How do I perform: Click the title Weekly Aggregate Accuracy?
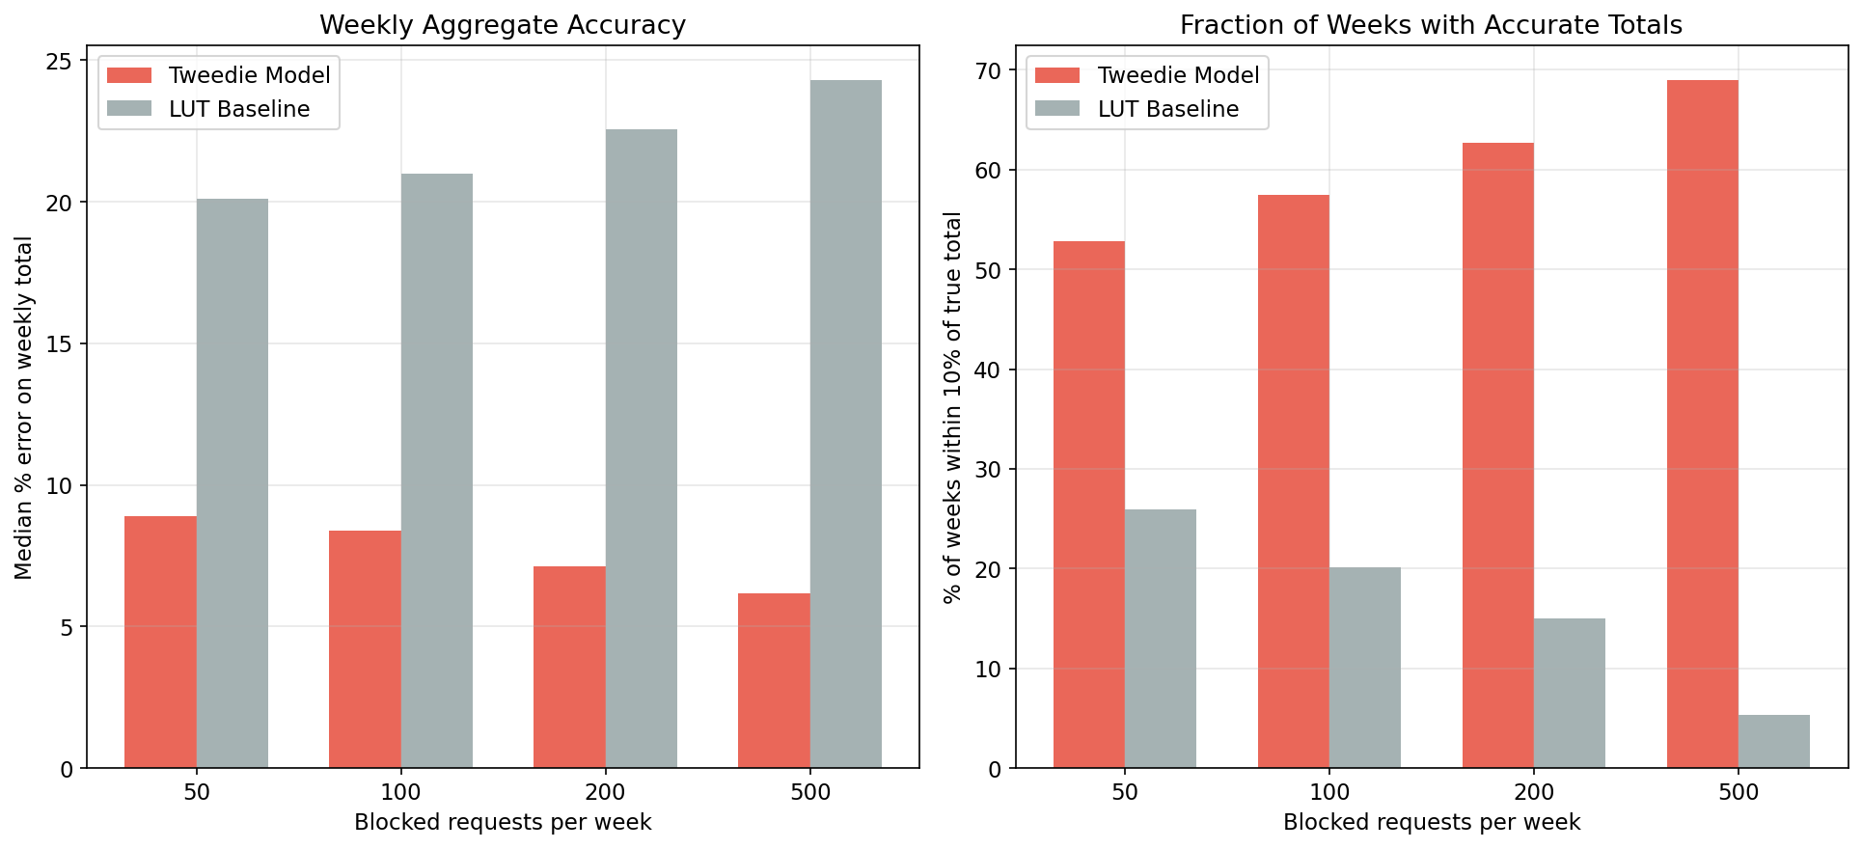coord(503,25)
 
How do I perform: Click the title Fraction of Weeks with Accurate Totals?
coord(1431,25)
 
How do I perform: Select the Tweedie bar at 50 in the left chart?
coord(160,642)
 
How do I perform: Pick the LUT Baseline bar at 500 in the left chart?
coord(846,424)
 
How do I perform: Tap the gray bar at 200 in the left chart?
coord(642,449)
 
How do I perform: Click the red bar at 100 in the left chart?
coord(365,649)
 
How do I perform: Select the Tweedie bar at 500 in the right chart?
coord(1703,424)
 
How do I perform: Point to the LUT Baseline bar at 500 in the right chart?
coord(1774,741)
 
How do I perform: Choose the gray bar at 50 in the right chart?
coord(1161,639)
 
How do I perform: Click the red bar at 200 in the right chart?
coord(1498,455)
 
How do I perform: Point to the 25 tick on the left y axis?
coord(60,61)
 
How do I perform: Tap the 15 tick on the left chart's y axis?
coord(60,344)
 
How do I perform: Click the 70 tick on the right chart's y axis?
coord(989,70)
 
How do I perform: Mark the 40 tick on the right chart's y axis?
coord(989,370)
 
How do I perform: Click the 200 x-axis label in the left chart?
coord(605,793)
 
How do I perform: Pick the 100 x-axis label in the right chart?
coord(1329,793)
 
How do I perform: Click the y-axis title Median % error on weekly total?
coord(24,407)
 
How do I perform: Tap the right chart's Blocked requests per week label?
coord(1431,822)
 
